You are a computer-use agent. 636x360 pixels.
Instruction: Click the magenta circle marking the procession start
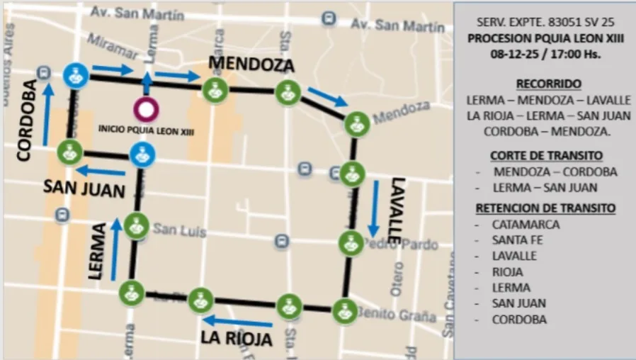pyautogui.click(x=147, y=109)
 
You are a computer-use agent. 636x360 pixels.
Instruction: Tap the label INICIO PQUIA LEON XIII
pyautogui.click(x=147, y=130)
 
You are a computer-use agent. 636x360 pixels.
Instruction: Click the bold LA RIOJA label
pyautogui.click(x=237, y=338)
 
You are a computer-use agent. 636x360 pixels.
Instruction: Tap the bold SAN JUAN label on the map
pyautogui.click(x=84, y=189)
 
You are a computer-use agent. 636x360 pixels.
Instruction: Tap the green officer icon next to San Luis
pyautogui.click(x=136, y=226)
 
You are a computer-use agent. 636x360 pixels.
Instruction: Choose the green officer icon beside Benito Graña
pyautogui.click(x=344, y=310)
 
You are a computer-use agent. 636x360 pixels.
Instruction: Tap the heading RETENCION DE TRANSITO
pyautogui.click(x=545, y=208)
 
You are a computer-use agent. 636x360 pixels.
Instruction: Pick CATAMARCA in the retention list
pyautogui.click(x=526, y=225)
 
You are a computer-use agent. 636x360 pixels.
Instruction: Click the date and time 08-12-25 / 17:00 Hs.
pyautogui.click(x=545, y=54)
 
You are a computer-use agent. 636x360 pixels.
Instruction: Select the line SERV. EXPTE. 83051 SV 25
pyautogui.click(x=545, y=23)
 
